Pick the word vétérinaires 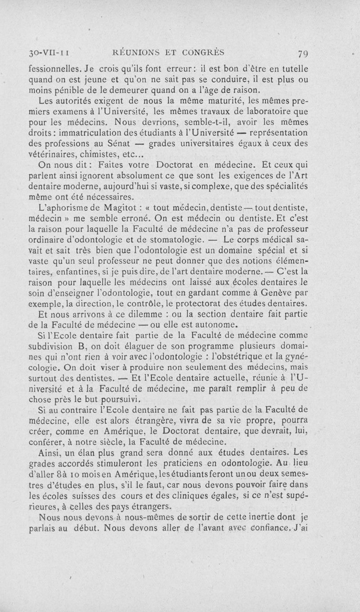pyautogui.click(x=48, y=155)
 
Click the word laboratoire pyautogui.click(x=263, y=111)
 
